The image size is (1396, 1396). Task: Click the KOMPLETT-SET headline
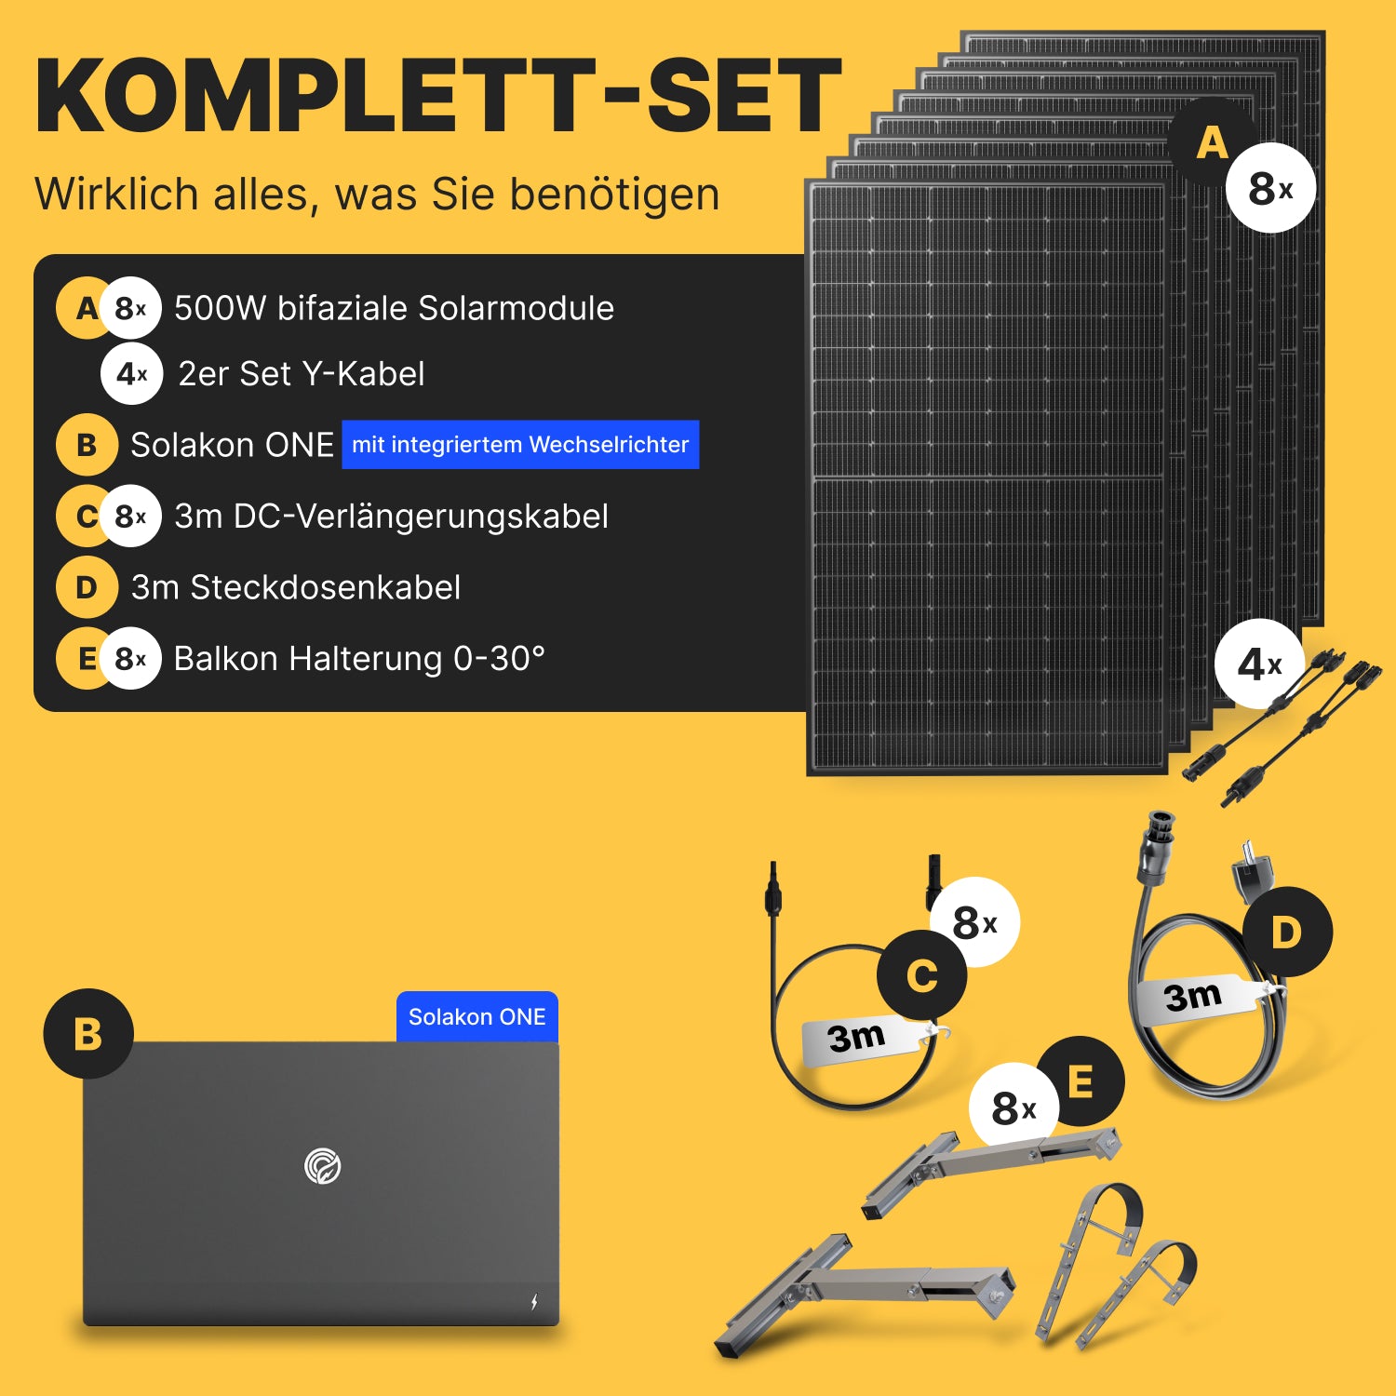438,96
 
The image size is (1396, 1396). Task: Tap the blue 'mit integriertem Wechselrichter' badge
520,445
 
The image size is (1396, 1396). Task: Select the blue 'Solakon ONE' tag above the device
477,1017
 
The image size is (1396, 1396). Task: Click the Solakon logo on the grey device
323,1166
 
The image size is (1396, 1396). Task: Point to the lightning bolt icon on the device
534,1301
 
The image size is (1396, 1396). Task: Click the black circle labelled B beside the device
88,1034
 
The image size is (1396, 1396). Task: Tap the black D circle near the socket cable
1287,932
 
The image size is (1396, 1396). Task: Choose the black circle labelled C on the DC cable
922,974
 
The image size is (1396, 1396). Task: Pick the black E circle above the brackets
1081,1081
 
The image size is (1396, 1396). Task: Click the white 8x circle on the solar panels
1270,188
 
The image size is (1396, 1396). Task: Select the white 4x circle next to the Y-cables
1259,664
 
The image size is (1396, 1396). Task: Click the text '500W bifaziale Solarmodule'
394,308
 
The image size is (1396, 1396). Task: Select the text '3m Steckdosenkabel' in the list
296,587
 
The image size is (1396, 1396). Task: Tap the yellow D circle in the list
87,587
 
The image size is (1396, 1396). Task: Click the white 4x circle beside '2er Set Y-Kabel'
132,374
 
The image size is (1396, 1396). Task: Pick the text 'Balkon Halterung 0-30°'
359,658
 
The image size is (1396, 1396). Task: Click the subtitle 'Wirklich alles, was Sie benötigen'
377,195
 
